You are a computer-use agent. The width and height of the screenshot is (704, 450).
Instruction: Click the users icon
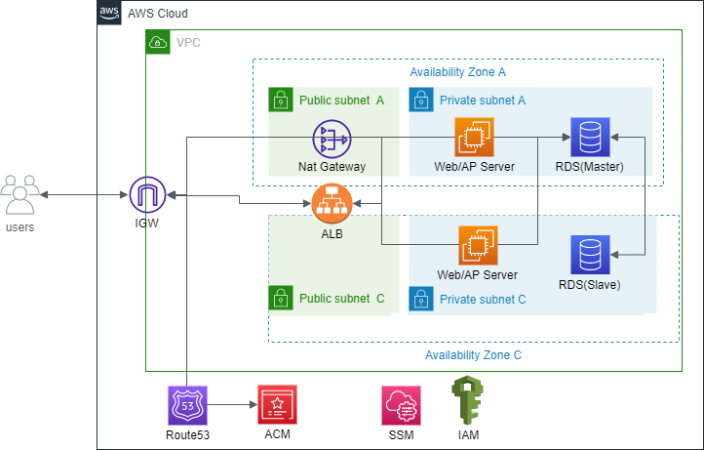tap(20, 194)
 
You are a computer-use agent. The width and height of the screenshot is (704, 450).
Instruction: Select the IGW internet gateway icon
tap(149, 195)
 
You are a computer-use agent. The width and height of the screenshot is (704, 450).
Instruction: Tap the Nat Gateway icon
tap(332, 140)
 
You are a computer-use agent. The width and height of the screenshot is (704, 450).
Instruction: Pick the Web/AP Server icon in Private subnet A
tap(475, 138)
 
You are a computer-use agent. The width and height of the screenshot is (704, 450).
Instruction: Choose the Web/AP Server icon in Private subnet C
tap(478, 246)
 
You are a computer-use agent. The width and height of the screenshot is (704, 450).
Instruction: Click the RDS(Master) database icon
tap(590, 138)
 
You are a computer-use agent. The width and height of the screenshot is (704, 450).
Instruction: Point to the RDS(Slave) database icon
tap(590, 256)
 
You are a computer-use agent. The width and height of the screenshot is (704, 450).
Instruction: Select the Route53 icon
tap(187, 403)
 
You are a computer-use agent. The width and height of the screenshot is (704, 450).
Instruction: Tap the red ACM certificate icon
tap(276, 403)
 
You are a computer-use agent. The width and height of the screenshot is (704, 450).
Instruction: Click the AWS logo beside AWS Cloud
tap(110, 14)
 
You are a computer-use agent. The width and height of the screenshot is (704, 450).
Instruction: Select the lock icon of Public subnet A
tap(281, 100)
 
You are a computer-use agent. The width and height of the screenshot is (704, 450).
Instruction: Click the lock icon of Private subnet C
tap(421, 298)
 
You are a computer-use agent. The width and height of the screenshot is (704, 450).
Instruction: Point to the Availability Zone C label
tap(474, 355)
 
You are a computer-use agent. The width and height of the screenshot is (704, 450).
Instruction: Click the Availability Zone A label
tap(457, 72)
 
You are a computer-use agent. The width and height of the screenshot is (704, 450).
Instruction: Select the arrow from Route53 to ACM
tap(231, 403)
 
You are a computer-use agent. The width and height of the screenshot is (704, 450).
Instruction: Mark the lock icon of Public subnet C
tap(281, 298)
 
